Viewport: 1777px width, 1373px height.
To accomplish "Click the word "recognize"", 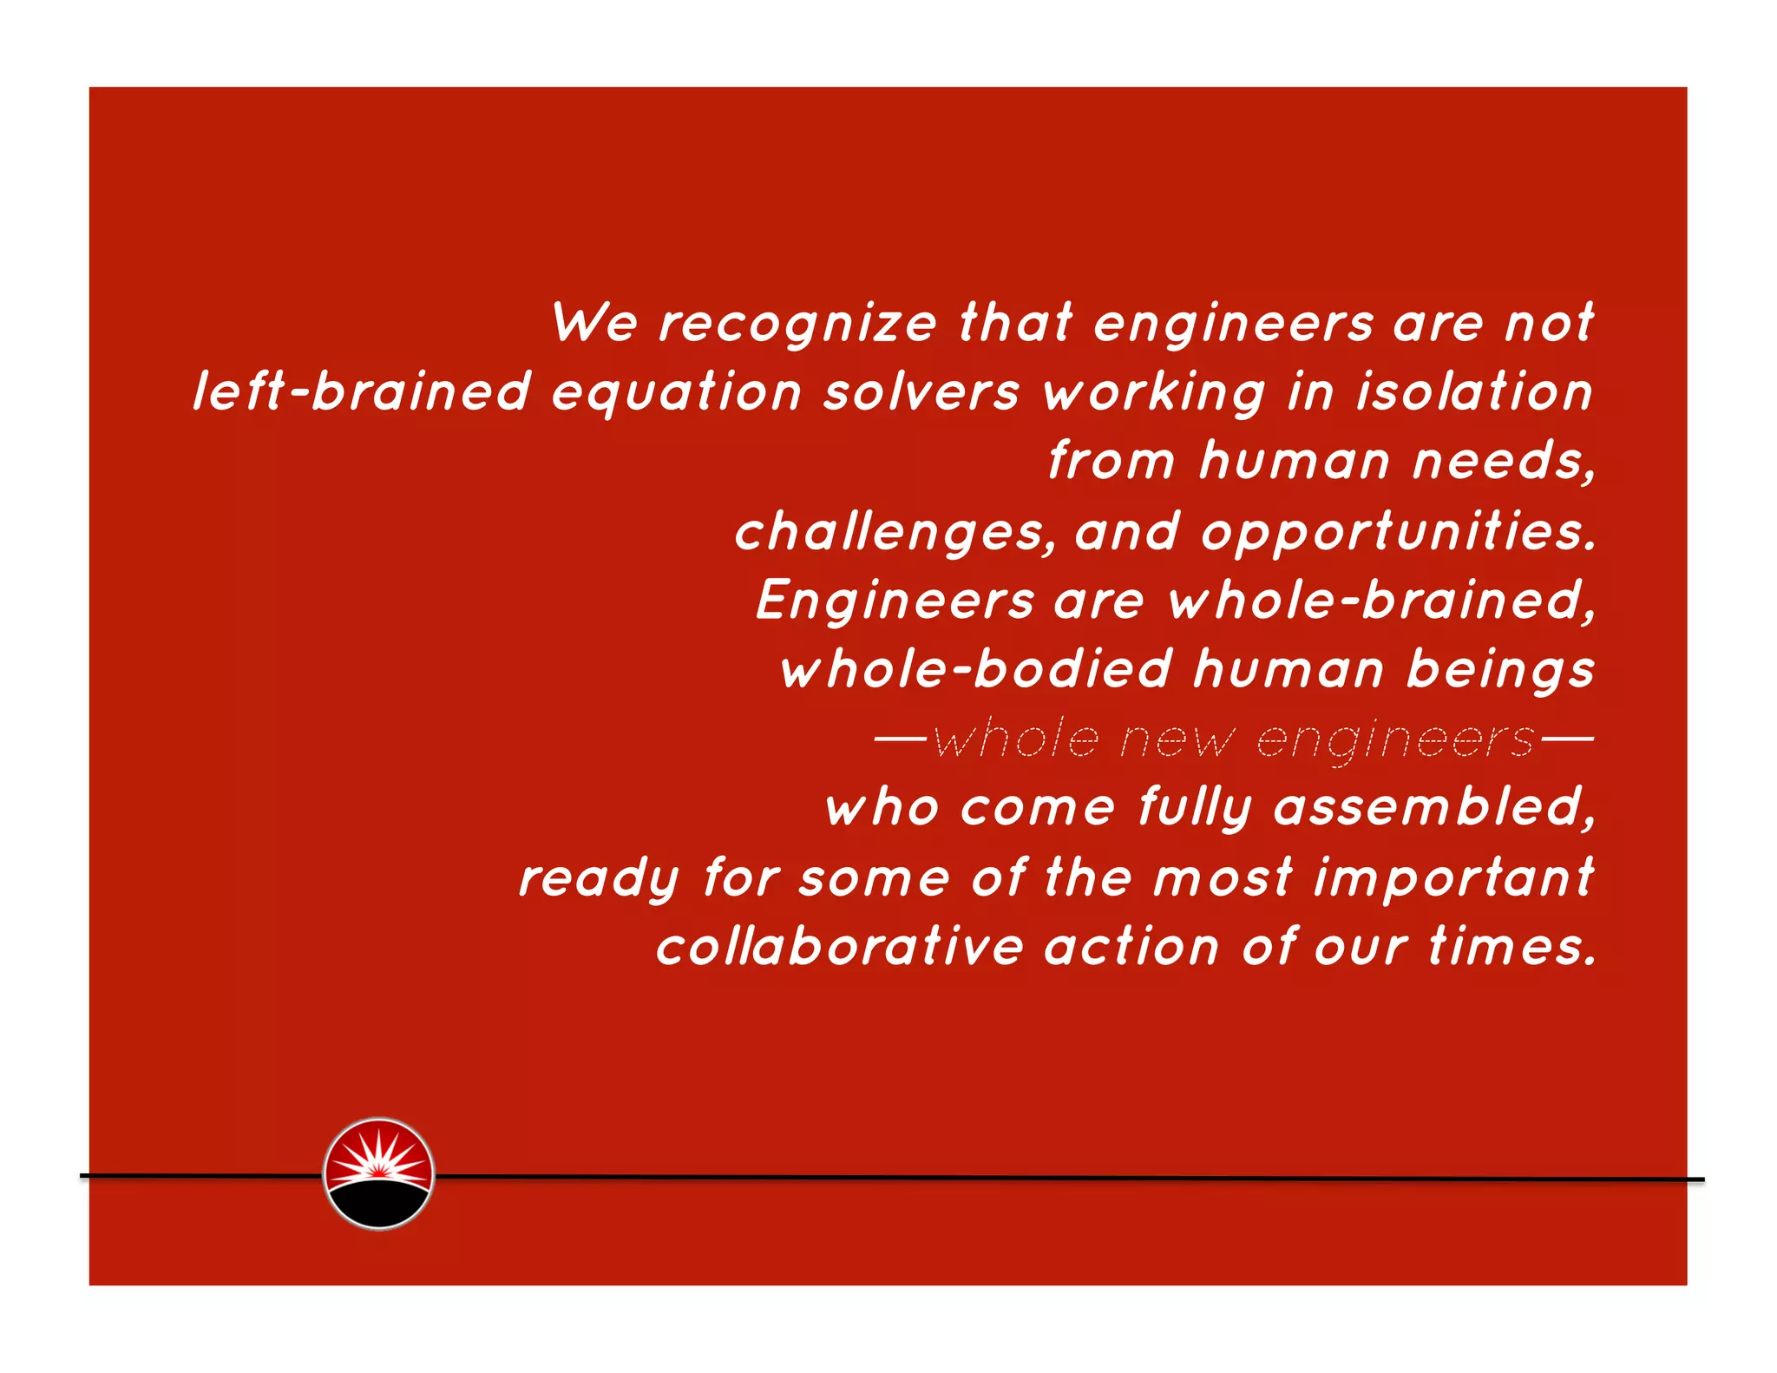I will pos(797,325).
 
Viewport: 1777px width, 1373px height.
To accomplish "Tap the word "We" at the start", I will pos(594,323).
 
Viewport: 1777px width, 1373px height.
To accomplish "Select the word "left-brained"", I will pos(361,391).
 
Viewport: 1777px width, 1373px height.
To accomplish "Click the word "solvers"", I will pos(921,392).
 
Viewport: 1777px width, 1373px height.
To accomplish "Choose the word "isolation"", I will pos(1474,391).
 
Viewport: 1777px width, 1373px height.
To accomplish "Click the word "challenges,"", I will pos(895,532).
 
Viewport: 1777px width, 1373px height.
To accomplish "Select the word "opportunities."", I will pos(1398,532).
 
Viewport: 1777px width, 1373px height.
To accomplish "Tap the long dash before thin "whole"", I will pos(901,739).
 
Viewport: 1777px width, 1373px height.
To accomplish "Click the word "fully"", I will pos(1195,810).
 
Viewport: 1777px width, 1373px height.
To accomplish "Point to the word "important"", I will pos(1453,878).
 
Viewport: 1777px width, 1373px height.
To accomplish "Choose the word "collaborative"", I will pos(840,947).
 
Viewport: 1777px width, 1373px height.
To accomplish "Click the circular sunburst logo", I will pos(378,1173).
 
